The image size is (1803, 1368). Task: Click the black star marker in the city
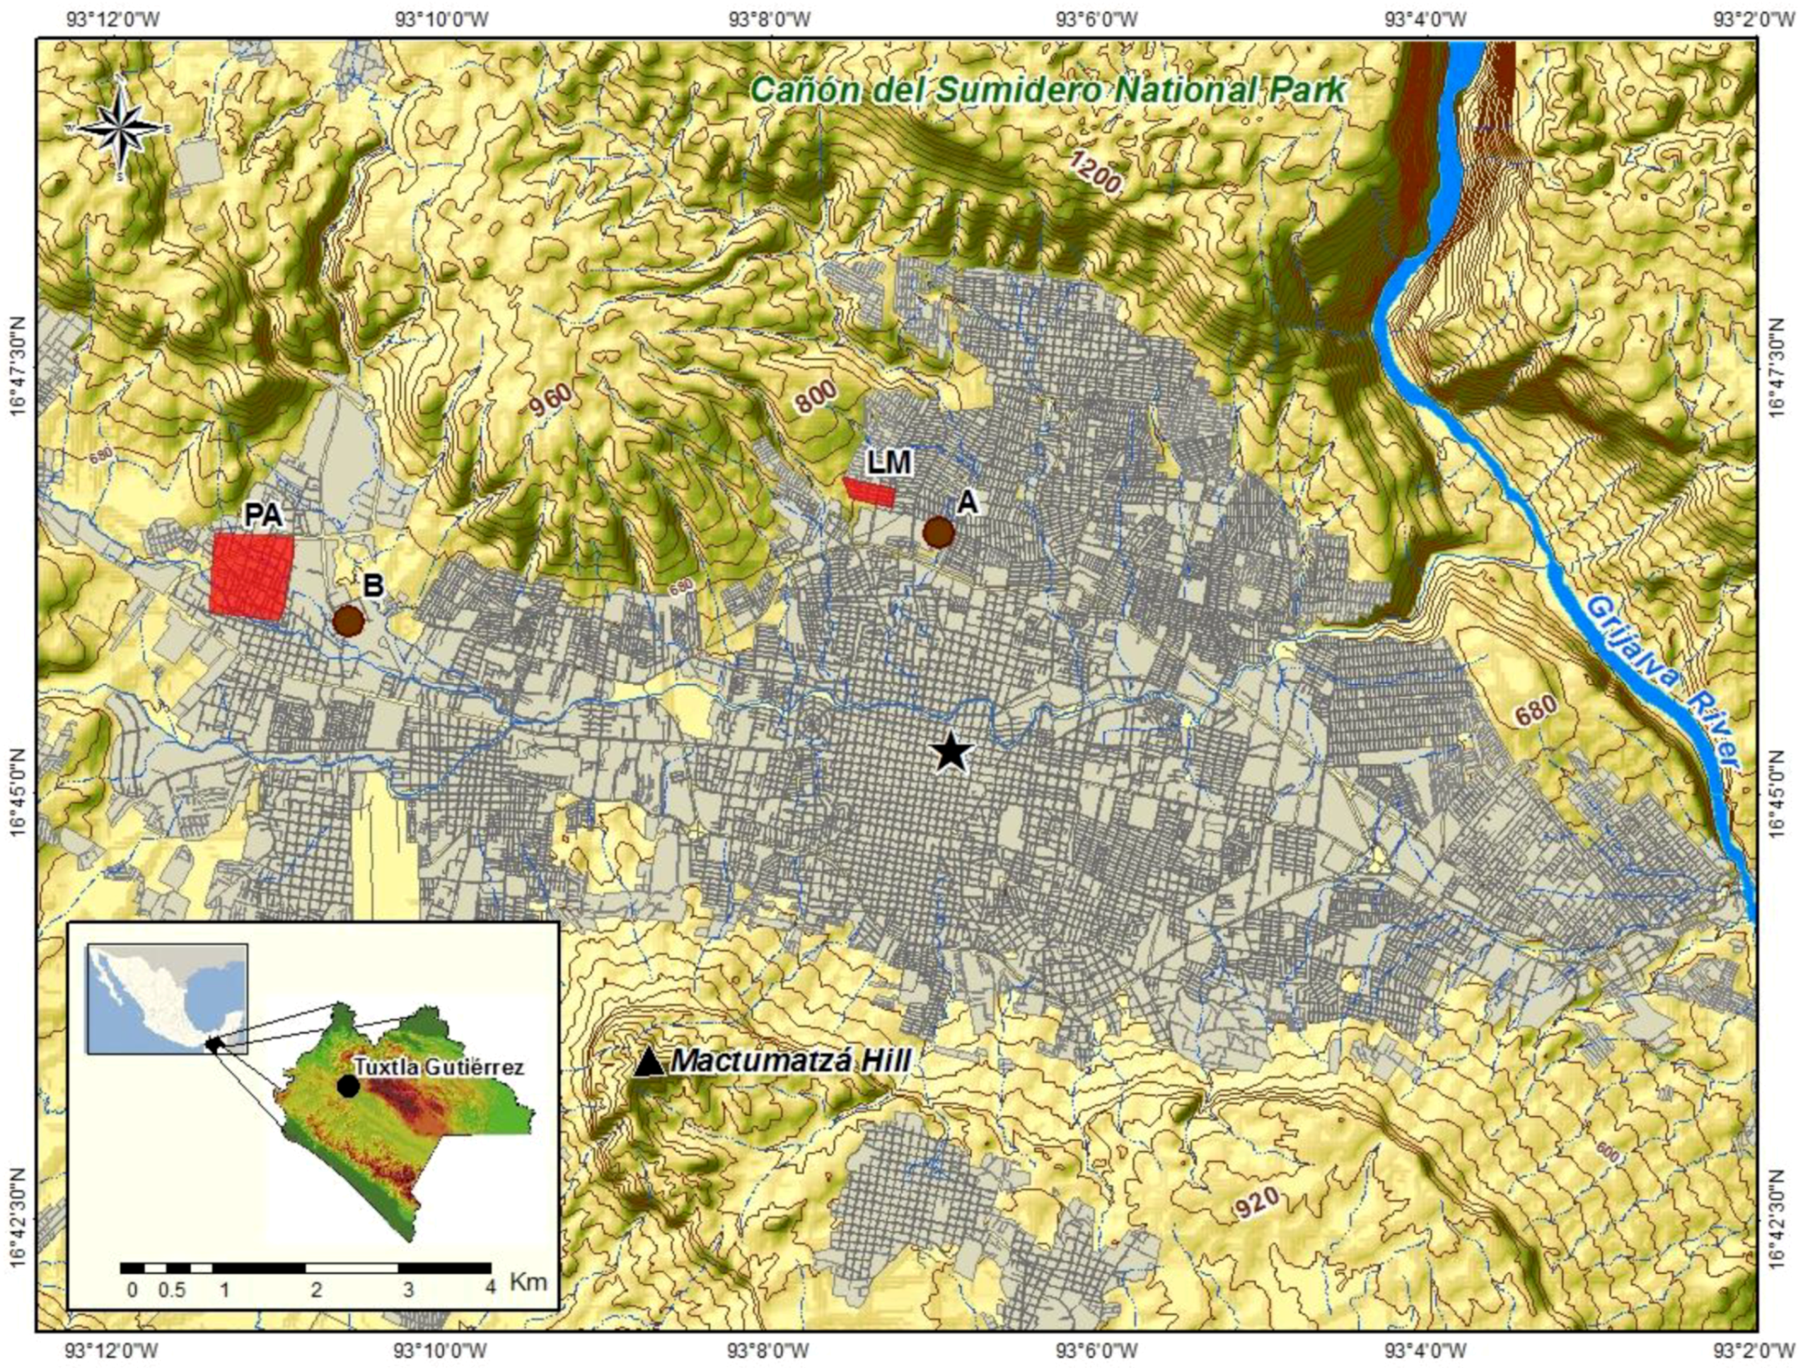tap(951, 752)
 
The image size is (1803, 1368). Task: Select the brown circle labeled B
tap(348, 621)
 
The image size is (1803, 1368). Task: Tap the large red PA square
tap(250, 576)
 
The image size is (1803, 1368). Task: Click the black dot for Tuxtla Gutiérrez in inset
tap(348, 1086)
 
